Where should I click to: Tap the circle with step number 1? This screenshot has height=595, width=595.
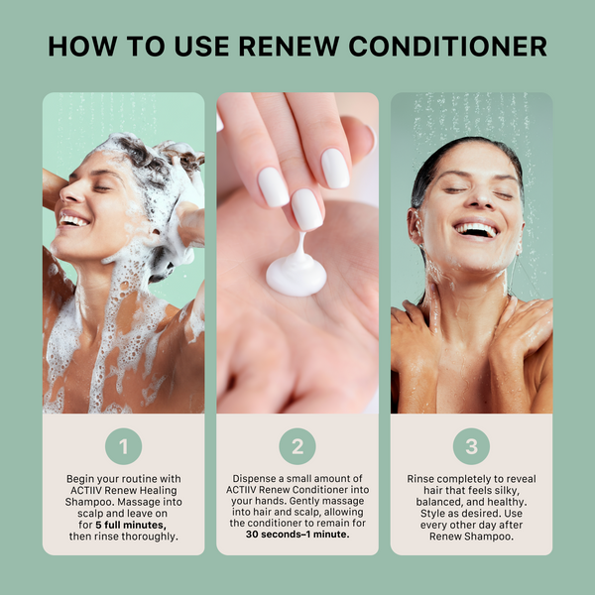pos(123,446)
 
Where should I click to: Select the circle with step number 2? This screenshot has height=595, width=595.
pos(297,446)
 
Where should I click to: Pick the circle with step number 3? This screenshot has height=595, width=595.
pos(471,446)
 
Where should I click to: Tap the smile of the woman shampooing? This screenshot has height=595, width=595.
pos(73,220)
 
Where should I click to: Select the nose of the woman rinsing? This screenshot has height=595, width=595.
pos(473,204)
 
